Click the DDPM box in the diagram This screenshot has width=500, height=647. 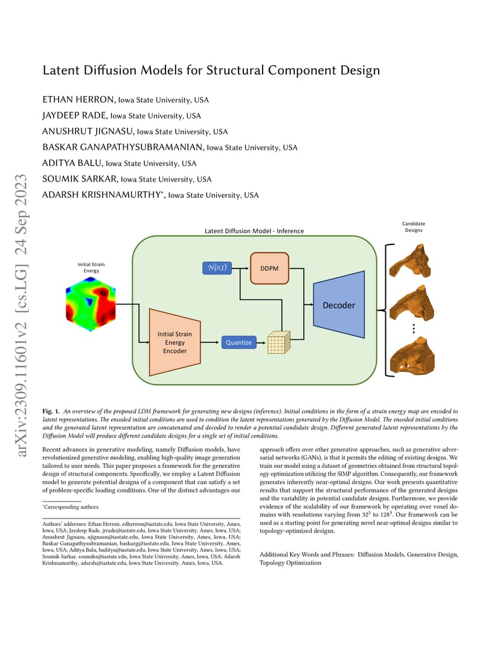pyautogui.click(x=269, y=268)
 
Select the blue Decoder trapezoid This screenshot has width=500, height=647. pyautogui.click(x=339, y=305)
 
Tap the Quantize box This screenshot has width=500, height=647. pyautogui.click(x=239, y=342)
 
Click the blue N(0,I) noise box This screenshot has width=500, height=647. pyautogui.click(x=217, y=268)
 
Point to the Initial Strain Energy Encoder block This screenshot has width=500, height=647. pyautogui.click(x=175, y=342)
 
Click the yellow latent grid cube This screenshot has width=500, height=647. pyautogui.click(x=279, y=342)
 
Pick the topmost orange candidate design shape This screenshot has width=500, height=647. pyautogui.click(x=410, y=261)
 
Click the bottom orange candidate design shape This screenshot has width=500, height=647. pyautogui.click(x=412, y=355)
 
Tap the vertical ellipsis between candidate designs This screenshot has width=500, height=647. pyautogui.click(x=413, y=328)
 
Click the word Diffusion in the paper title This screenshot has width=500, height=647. pyautogui.click(x=110, y=70)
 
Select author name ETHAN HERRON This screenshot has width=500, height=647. pyautogui.click(x=78, y=100)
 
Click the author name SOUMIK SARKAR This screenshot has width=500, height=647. pyautogui.click(x=79, y=179)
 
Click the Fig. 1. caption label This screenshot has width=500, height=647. pyautogui.click(x=51, y=412)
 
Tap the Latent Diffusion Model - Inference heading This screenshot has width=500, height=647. pyautogui.click(x=254, y=231)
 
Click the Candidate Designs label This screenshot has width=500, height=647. pyautogui.click(x=413, y=227)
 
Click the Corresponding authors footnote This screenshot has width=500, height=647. pyautogui.click(x=71, y=507)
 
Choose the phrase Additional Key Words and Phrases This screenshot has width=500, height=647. pyautogui.click(x=307, y=555)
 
